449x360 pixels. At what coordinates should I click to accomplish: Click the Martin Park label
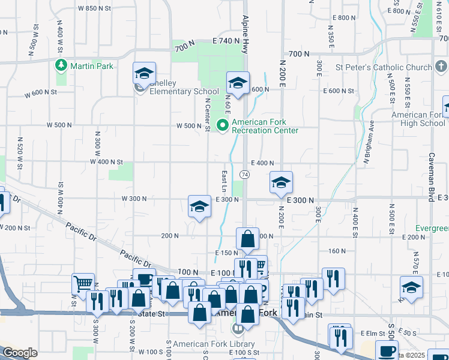(92, 65)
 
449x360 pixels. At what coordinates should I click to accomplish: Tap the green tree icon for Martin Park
(61, 65)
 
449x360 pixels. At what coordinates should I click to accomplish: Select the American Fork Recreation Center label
(265, 125)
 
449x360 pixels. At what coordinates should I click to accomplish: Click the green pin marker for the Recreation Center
(223, 125)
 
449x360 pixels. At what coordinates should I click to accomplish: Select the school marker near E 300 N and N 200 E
(280, 182)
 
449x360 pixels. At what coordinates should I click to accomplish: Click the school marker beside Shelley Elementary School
(144, 74)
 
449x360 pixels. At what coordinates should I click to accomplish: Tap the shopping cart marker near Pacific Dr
(83, 283)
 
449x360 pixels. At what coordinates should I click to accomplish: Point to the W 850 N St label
(95, 9)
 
